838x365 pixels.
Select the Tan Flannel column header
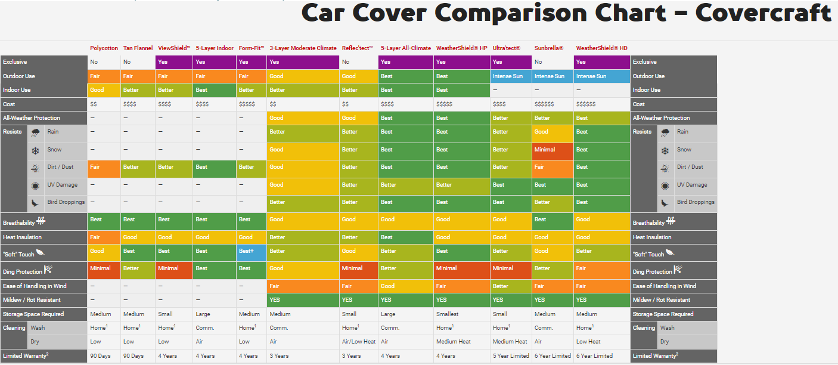[x=138, y=48]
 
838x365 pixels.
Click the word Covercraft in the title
[x=763, y=13]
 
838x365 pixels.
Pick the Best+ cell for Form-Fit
[x=251, y=251]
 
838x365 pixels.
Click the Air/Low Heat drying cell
[x=358, y=342]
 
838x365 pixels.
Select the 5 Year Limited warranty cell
[x=511, y=356]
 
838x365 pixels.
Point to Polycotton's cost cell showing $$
[x=104, y=104]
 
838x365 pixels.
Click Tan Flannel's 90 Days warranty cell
[x=138, y=356]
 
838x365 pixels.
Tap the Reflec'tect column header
[x=357, y=48]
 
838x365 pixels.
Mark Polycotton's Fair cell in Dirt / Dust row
[x=104, y=167]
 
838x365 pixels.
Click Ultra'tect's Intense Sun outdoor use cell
[x=511, y=76]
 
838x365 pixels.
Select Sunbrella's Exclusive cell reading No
[x=552, y=62]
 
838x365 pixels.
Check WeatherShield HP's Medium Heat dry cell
[x=461, y=342]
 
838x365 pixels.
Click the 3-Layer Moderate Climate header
[x=303, y=48]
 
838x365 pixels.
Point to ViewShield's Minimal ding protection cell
[x=173, y=268]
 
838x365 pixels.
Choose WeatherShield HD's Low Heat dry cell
[x=601, y=342]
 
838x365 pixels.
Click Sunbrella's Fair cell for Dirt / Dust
[x=552, y=167]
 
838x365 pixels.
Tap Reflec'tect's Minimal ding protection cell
[x=358, y=268]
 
